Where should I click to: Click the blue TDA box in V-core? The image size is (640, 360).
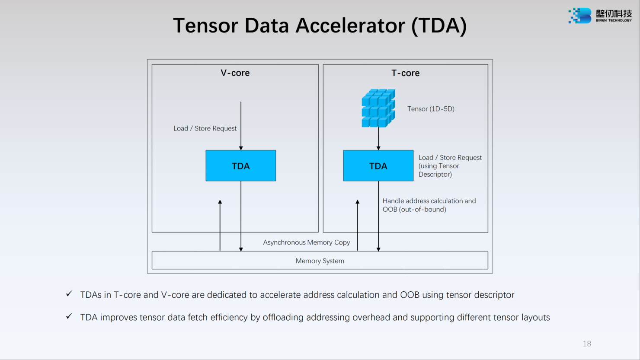pos(240,166)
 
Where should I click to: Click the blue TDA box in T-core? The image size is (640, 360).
pos(378,166)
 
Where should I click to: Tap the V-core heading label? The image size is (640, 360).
pos(235,73)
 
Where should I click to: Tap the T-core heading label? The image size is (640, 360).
pos(405,73)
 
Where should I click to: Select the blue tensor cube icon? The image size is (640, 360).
pos(378,108)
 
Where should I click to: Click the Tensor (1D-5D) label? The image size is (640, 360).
pos(431,109)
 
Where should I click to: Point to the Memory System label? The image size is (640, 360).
pos(320,261)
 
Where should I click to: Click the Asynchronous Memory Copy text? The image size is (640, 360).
pos(306,242)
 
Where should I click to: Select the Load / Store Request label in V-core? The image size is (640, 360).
pos(205,128)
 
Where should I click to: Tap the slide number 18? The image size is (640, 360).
pos(586,344)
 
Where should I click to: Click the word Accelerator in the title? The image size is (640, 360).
pos(350,25)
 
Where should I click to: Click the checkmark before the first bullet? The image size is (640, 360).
pos(69,294)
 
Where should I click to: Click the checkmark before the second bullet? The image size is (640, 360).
pos(69,316)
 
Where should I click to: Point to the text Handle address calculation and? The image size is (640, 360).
pos(429,201)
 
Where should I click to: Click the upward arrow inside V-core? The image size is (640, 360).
pos(220,225)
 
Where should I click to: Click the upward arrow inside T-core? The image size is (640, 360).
pos(358,225)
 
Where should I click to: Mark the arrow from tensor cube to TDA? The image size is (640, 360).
pos(378,138)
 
